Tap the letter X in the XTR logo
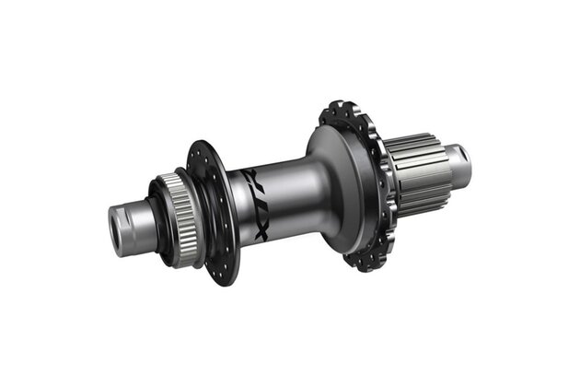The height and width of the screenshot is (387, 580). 261,230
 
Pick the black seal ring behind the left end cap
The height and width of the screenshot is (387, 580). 160,223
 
